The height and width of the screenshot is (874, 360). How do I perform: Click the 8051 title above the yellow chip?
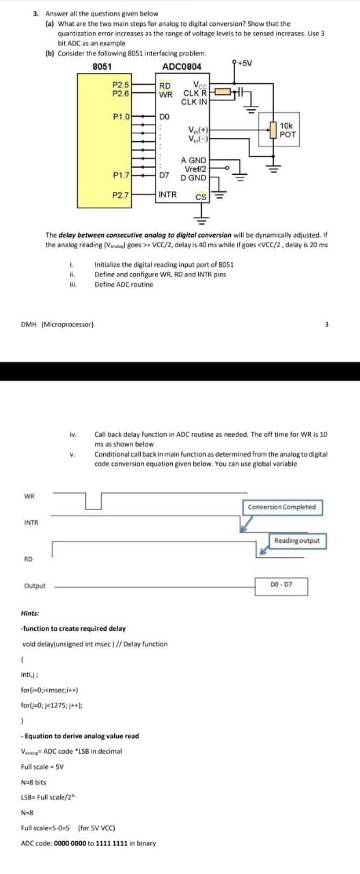point(102,66)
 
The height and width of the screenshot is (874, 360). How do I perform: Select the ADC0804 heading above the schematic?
point(182,66)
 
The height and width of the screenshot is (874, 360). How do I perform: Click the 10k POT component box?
point(287,130)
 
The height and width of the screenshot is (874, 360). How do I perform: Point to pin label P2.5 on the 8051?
point(120,84)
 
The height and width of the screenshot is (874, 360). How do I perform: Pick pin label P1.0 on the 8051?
point(122,117)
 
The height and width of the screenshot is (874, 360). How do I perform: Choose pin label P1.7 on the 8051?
point(122,175)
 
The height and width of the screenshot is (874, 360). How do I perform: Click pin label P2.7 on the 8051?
point(121,195)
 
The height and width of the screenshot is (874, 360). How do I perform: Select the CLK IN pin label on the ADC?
point(194,101)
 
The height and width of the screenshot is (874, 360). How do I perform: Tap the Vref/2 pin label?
point(196,168)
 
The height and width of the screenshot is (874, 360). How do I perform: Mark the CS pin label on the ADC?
point(201,198)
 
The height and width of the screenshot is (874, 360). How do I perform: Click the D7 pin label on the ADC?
point(164,175)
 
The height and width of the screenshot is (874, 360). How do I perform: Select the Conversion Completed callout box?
point(281,507)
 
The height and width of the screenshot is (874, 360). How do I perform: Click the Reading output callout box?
point(296,541)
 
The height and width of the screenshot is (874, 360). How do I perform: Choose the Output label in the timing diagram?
point(35,586)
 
